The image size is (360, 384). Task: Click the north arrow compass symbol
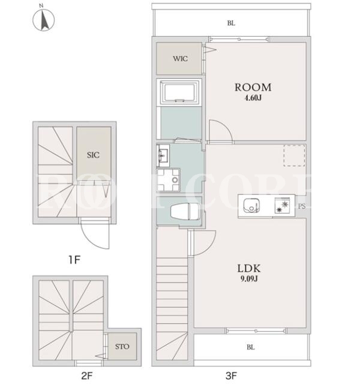[x=44, y=19]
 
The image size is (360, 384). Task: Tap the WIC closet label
[x=180, y=59]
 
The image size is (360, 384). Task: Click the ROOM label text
[x=253, y=88]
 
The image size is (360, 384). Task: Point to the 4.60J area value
[x=253, y=98]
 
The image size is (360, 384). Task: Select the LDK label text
[x=249, y=269]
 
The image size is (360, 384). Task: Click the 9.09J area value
[x=249, y=279]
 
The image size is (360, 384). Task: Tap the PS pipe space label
[x=302, y=206]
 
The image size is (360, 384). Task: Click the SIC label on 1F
[x=94, y=155]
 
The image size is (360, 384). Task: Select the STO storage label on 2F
[x=122, y=347]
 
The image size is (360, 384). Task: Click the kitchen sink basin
[x=251, y=205]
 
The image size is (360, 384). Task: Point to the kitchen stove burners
[x=283, y=205]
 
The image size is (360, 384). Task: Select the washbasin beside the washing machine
[x=163, y=155]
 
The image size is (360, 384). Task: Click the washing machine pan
[x=168, y=180]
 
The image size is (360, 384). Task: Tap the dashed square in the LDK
[x=295, y=155]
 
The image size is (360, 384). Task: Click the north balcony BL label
[x=231, y=23]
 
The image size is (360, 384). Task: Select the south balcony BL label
[x=251, y=347]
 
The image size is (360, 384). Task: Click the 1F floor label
[x=74, y=260]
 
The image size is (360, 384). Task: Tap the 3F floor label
[x=231, y=376]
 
